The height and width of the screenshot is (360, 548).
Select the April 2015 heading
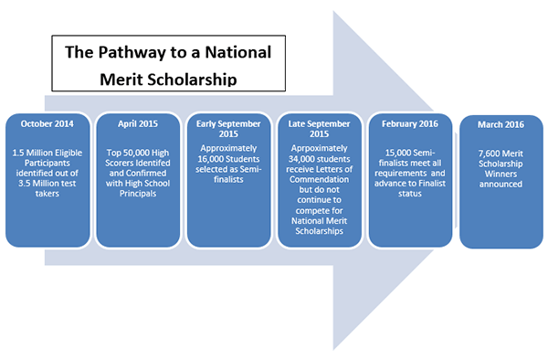pos(136,122)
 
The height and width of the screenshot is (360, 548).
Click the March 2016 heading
pos(500,124)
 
